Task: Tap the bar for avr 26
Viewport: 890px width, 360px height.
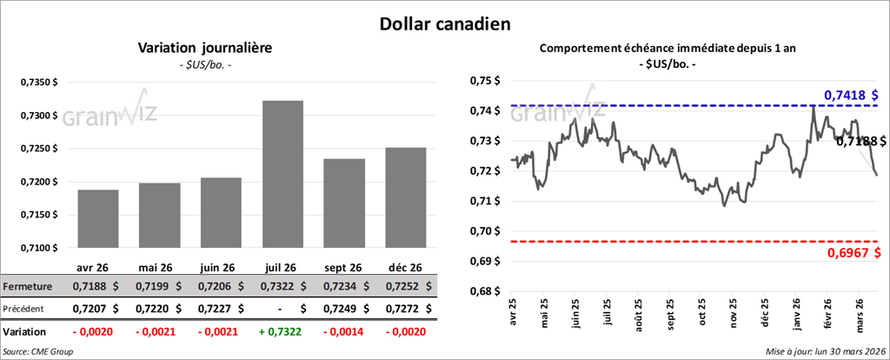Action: click(97, 218)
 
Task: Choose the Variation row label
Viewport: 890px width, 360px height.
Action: click(25, 331)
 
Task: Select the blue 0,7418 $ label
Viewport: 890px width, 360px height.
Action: click(851, 94)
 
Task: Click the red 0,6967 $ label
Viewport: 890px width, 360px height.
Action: click(851, 252)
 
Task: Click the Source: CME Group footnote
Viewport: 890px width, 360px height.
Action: click(37, 351)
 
